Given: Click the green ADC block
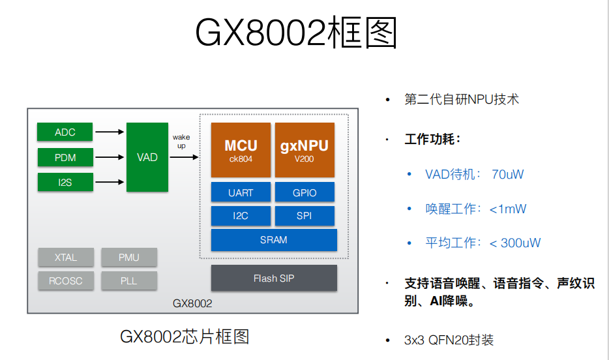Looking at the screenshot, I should tap(65, 132).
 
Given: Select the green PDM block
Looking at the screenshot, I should tap(65, 157).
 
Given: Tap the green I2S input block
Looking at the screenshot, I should tap(65, 183).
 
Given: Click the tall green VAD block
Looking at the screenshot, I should tap(147, 157).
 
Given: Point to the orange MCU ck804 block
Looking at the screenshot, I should tap(241, 150).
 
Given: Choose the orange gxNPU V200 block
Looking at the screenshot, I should tap(304, 150).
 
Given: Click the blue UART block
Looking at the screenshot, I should tap(241, 192).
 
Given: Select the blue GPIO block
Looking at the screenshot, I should tap(304, 192).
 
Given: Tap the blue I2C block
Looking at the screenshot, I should tap(241, 216).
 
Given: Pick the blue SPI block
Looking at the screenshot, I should tap(304, 216).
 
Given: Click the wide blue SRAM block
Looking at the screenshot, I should tap(274, 240).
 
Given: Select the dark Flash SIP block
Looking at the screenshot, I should tap(274, 278).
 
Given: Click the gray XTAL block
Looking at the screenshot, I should tap(66, 257).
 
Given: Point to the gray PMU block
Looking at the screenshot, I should tap(129, 257).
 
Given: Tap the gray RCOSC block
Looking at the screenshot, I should tap(66, 281).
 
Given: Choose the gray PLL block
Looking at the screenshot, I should tap(129, 281).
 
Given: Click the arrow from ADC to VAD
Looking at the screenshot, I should tap(110, 132).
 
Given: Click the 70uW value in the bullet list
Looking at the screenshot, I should tap(509, 175).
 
